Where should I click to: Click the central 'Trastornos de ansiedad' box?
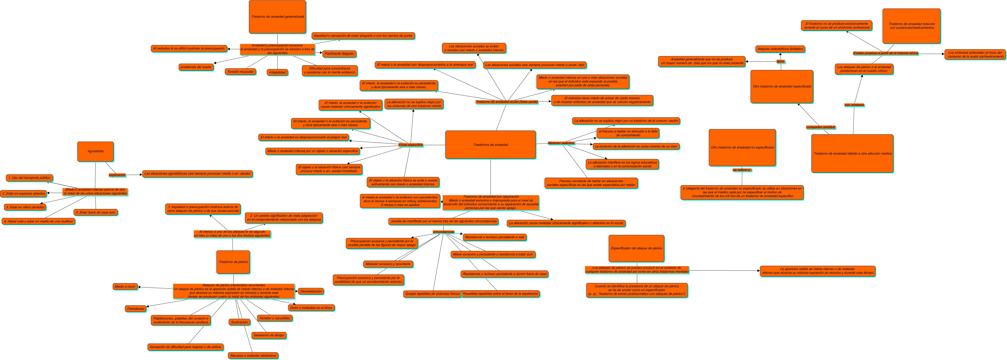490,145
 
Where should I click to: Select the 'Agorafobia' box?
95,151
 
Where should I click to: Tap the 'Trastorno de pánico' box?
233,262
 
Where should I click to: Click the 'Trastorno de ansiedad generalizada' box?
277,17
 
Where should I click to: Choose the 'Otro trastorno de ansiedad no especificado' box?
742,147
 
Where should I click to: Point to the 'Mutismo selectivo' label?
561,143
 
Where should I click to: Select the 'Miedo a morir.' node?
125,286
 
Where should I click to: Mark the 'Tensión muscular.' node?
240,72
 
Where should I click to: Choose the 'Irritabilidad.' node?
277,72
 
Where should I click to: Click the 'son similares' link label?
854,105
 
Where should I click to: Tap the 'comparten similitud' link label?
821,127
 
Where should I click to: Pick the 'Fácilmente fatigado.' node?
339,53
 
